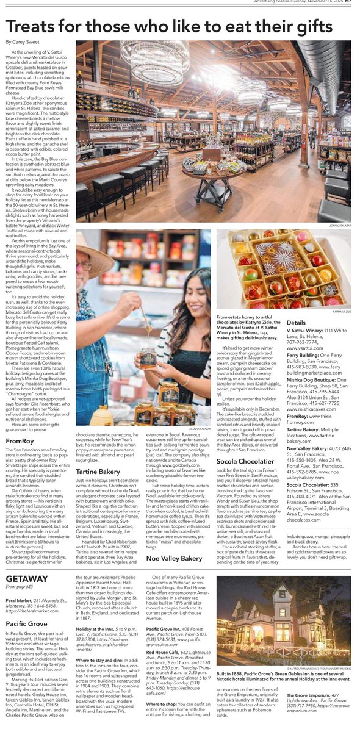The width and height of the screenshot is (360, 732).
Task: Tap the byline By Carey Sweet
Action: (x=26, y=42)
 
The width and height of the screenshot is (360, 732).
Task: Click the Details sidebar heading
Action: (x=297, y=322)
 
